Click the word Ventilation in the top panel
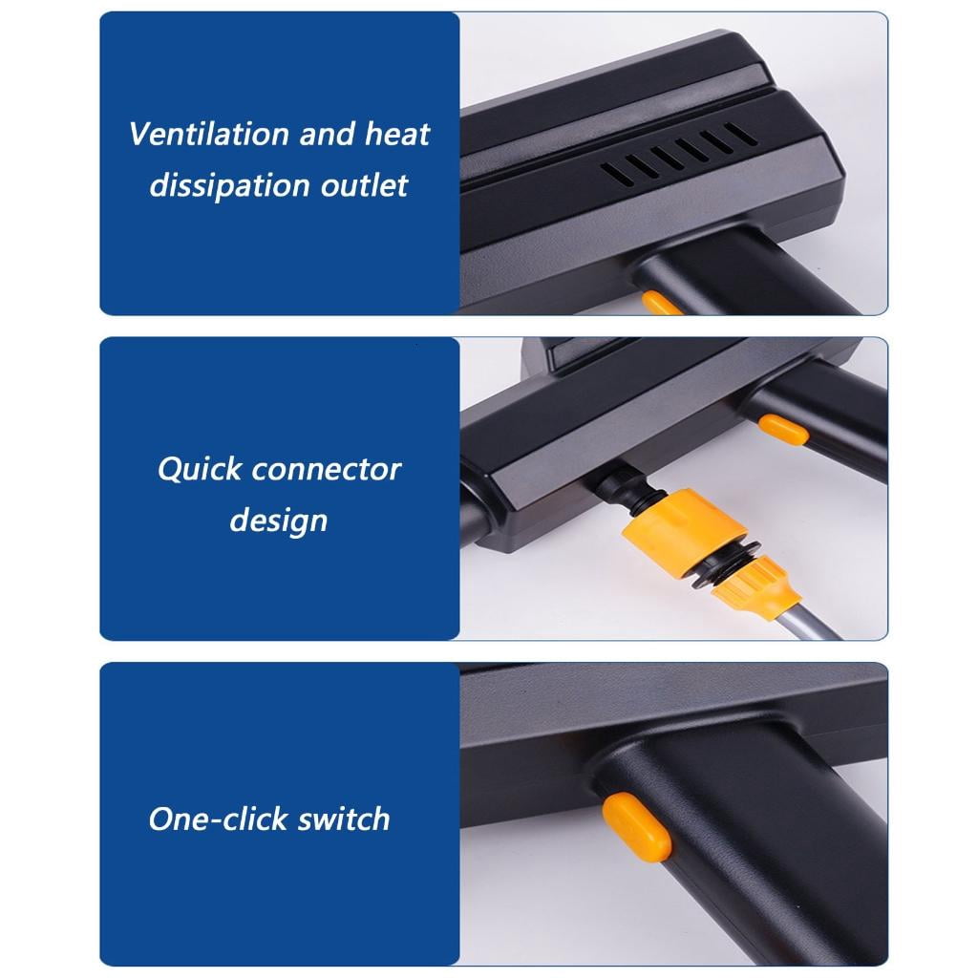pyautogui.click(x=209, y=134)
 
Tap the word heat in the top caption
pyautogui.click(x=397, y=134)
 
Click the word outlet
pyautogui.click(x=364, y=185)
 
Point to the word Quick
pyautogui.click(x=200, y=469)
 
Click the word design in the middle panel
pyautogui.click(x=278, y=521)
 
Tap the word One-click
pyautogui.click(x=218, y=819)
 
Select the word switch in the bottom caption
pyautogui.click(x=343, y=819)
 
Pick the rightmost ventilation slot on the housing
pyautogui.click(x=741, y=134)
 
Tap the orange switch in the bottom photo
pyautogui.click(x=636, y=827)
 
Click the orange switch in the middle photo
pyautogui.click(x=783, y=430)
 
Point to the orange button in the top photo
pyautogui.click(x=663, y=303)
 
